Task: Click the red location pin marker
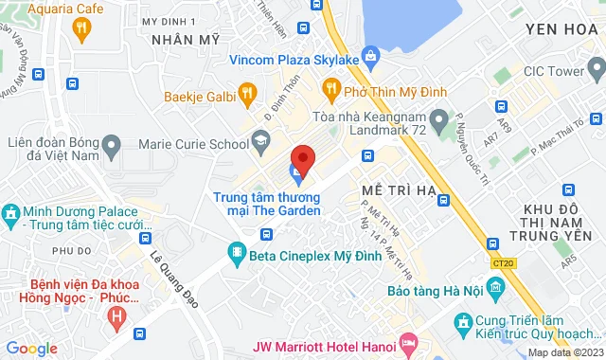tap(302, 159)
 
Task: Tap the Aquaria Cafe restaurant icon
tap(80, 28)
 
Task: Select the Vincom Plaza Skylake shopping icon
tap(370, 59)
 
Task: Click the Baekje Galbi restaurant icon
tap(247, 92)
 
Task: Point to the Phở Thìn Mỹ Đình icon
tap(330, 91)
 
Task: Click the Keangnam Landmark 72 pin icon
tap(437, 121)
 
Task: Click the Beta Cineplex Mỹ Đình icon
tap(236, 253)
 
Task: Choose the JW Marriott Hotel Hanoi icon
tap(407, 339)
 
